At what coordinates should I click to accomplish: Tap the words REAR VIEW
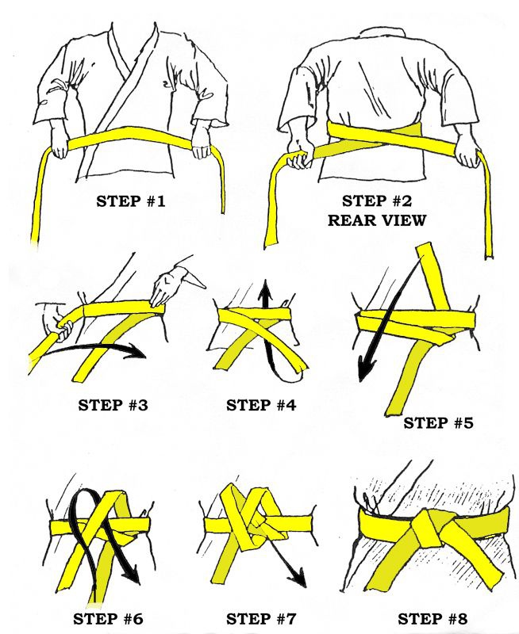pyautogui.click(x=373, y=220)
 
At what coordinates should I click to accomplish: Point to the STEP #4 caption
pyautogui.click(x=261, y=405)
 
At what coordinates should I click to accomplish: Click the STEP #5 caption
pyautogui.click(x=438, y=422)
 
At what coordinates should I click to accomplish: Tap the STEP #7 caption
pyautogui.click(x=261, y=618)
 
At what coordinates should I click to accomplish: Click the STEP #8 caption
pyautogui.click(x=432, y=618)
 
